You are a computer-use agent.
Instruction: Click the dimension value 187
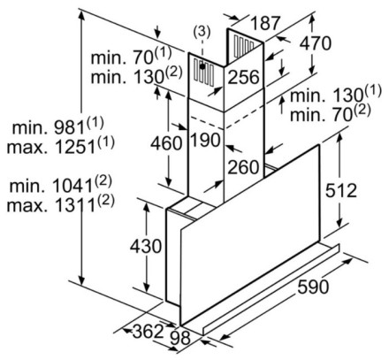[265, 23]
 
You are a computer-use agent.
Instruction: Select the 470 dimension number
[315, 43]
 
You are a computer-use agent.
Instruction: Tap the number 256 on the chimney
[243, 77]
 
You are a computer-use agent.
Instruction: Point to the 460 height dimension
[166, 143]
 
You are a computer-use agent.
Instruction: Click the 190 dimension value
[206, 140]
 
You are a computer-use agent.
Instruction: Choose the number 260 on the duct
[243, 167]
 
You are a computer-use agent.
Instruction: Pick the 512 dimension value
[340, 190]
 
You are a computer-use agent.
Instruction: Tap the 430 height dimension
[146, 246]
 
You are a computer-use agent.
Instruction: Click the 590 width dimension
[313, 287]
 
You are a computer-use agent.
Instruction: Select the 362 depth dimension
[148, 331]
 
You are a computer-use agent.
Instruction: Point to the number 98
[180, 338]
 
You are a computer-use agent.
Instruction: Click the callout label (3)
[202, 32]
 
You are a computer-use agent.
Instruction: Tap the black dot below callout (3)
[202, 66]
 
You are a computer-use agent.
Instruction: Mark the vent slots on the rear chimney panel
[244, 45]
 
